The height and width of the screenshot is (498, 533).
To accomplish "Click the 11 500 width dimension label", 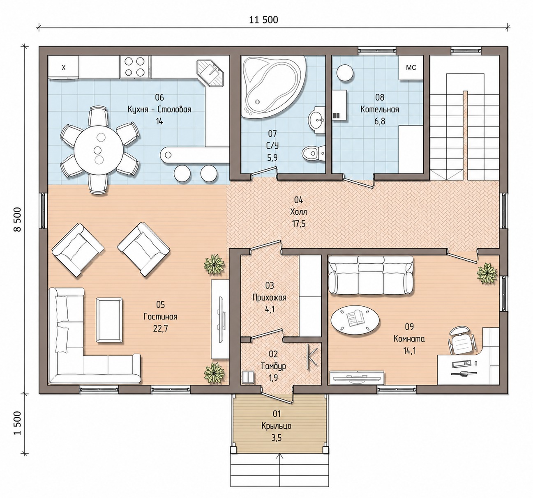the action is (x=263, y=20).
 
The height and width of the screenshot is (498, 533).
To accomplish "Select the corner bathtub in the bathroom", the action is (x=273, y=87).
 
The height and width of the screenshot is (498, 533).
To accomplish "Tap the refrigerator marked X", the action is (x=63, y=68).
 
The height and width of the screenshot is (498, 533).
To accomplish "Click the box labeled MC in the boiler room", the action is (x=411, y=68).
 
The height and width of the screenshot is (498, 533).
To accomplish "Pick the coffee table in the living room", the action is (x=109, y=320).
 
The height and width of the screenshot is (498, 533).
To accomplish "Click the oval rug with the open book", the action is (x=355, y=321).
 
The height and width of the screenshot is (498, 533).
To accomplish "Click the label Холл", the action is (x=298, y=212).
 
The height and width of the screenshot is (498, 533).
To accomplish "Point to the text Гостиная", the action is (x=161, y=317).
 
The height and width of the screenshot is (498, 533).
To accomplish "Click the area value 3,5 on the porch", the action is (x=277, y=438).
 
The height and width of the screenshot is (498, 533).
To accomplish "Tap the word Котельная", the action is (x=379, y=110).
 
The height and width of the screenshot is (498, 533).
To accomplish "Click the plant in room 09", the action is (x=487, y=273).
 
